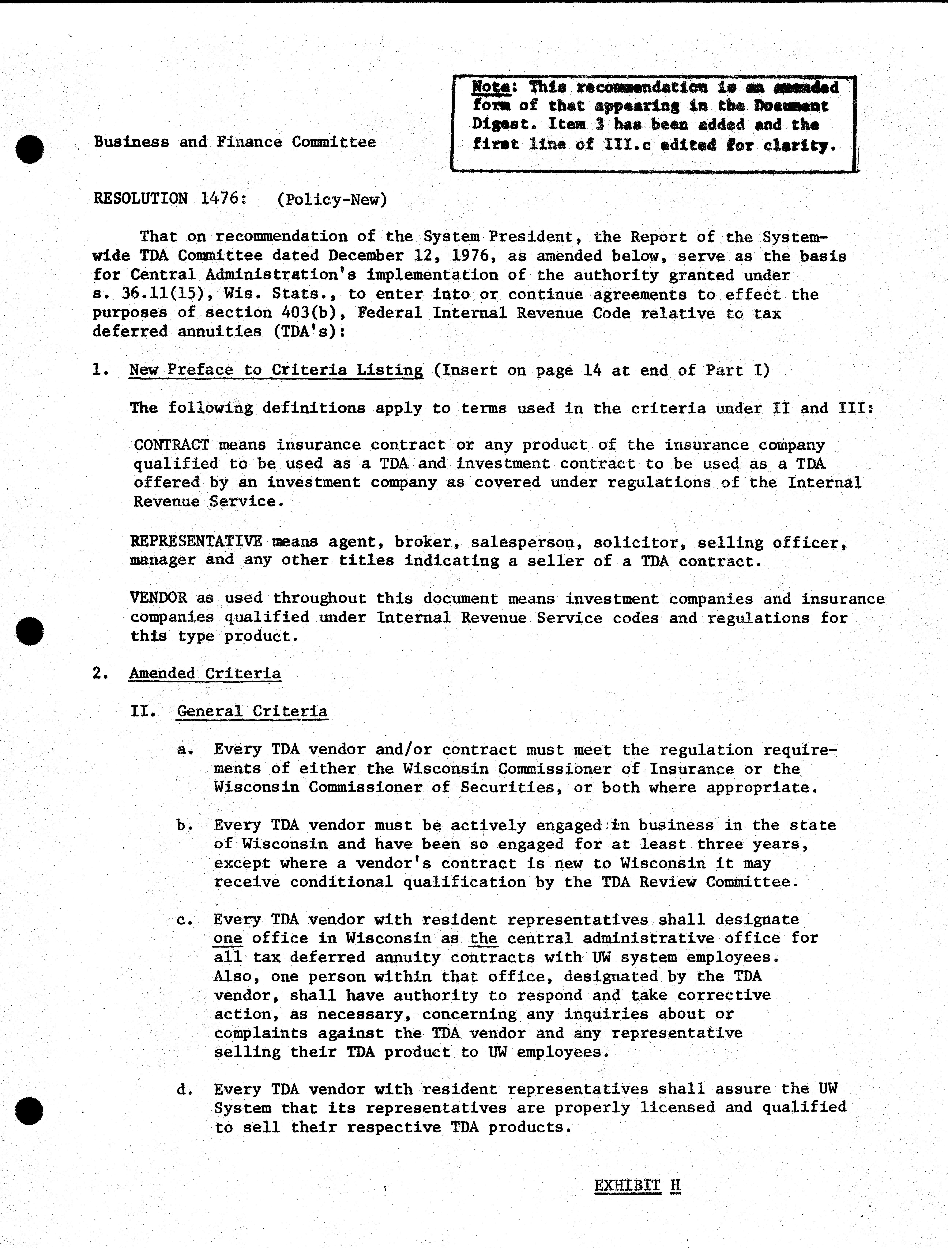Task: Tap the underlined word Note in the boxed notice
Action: click(491, 87)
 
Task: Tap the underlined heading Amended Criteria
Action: click(205, 673)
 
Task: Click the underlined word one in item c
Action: click(228, 938)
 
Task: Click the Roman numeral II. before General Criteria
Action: click(143, 710)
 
